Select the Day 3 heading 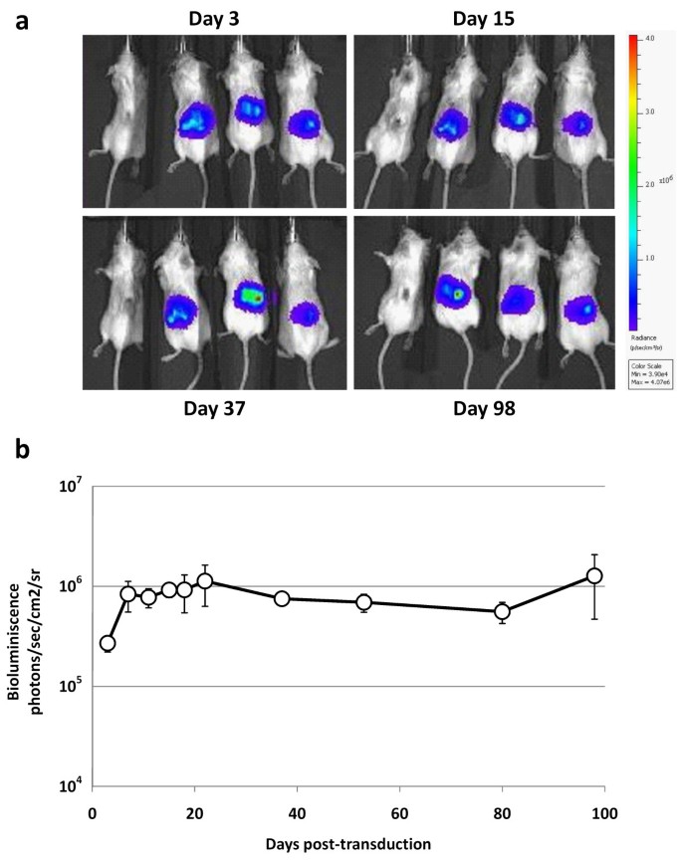click(x=214, y=19)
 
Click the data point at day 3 click(x=108, y=643)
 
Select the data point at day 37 click(x=282, y=598)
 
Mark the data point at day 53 click(x=364, y=602)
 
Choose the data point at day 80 click(x=503, y=611)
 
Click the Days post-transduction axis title click(x=348, y=844)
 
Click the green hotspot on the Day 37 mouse click(x=256, y=296)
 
